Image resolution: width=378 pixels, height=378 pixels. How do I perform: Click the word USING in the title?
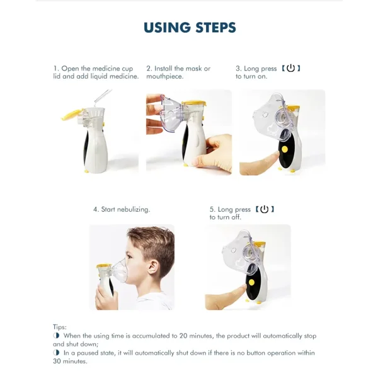pyautogui.click(x=166, y=28)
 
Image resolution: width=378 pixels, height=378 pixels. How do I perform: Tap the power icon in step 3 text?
pyautogui.click(x=290, y=68)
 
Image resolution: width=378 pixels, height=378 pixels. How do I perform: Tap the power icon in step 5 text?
pyautogui.click(x=264, y=209)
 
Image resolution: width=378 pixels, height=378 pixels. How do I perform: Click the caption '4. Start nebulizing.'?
pyautogui.click(x=122, y=210)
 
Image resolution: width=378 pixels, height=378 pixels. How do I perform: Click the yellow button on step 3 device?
pyautogui.click(x=285, y=150)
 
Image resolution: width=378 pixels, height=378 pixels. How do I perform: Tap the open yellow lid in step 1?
pyautogui.click(x=71, y=116)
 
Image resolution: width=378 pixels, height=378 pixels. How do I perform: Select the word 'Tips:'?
pyautogui.click(x=60, y=327)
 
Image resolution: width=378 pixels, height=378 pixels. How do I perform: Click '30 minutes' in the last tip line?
pyautogui.click(x=71, y=361)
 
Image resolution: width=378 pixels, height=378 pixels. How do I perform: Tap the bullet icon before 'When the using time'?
pyautogui.click(x=57, y=336)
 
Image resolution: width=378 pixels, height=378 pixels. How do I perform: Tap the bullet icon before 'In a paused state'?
pyautogui.click(x=57, y=353)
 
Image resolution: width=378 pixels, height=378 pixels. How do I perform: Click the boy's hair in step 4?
pyautogui.click(x=148, y=239)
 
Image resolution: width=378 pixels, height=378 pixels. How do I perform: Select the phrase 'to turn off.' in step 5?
pyautogui.click(x=226, y=217)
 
